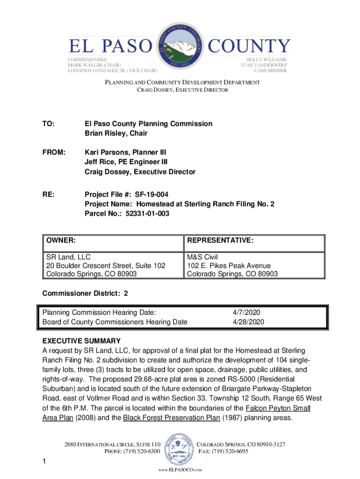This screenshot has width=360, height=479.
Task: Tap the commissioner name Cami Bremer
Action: click(271, 71)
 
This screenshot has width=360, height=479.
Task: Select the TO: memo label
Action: click(48, 124)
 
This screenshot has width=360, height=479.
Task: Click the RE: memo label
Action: click(48, 195)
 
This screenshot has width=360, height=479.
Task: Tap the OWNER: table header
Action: click(61, 240)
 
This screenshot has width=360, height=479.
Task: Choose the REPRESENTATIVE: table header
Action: click(220, 240)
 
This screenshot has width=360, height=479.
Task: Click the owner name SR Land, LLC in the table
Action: click(68, 257)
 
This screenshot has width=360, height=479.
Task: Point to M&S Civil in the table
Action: click(202, 257)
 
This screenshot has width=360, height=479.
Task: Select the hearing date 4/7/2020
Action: click(245, 312)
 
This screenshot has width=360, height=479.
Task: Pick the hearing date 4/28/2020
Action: click(248, 322)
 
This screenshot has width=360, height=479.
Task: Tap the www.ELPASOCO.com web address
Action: click(180, 469)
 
